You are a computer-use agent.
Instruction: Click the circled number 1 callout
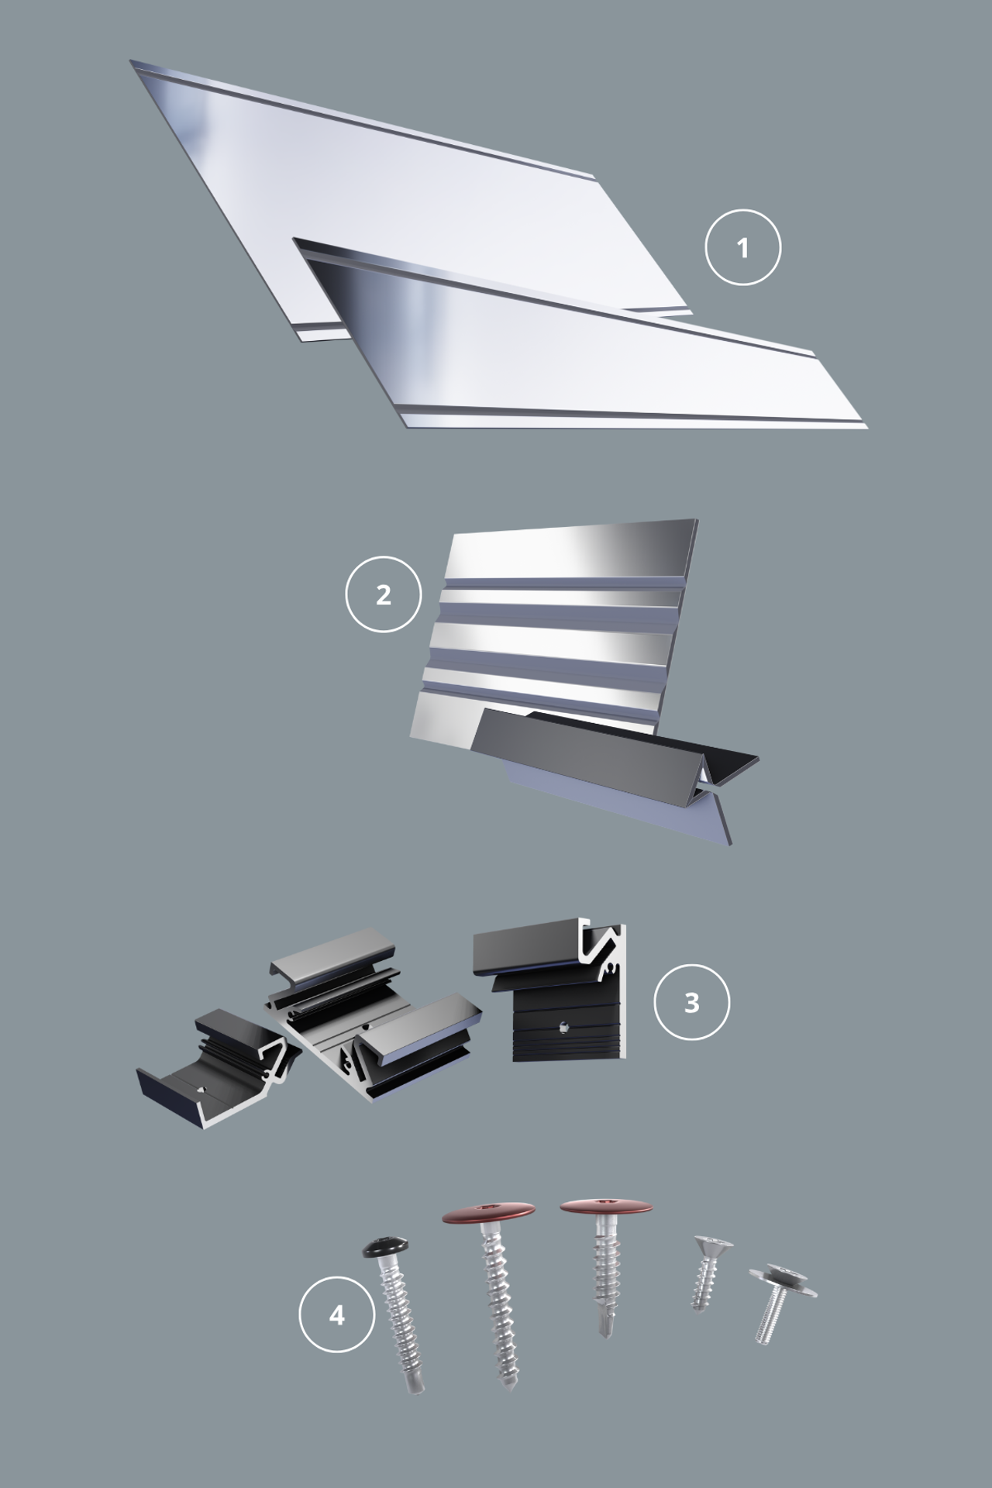[742, 248]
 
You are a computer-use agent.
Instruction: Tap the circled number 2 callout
[383, 595]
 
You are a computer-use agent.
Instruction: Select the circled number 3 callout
[691, 1002]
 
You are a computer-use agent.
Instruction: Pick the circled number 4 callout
[337, 1315]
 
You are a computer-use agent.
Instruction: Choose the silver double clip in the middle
[372, 1015]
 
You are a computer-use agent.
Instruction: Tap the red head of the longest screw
[489, 1213]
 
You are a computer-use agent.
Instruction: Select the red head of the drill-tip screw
[606, 1207]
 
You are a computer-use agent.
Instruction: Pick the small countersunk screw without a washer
[707, 1272]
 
